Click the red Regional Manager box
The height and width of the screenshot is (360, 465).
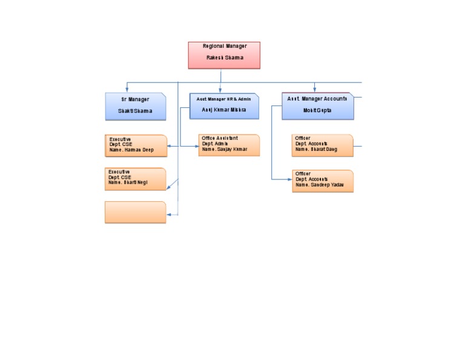coord(224,55)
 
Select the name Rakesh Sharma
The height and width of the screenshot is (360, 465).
coord(224,58)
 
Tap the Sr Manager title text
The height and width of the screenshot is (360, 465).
coord(134,99)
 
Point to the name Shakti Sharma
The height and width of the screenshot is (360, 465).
coord(135,112)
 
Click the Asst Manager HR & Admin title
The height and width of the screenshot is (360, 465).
coord(223,99)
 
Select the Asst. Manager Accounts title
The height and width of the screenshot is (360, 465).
coord(317,98)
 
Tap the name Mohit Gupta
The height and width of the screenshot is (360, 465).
coord(317,111)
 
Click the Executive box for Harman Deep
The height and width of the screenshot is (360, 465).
coord(136,145)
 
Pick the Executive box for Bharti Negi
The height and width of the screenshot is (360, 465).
coord(135,179)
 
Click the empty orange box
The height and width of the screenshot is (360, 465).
coord(135,212)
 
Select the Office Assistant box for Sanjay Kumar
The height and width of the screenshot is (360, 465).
coord(229,145)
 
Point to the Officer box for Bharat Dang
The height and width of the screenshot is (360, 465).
coord(322,145)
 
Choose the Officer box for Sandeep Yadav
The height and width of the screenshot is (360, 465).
coord(323,181)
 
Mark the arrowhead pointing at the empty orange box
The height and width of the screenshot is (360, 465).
coord(169,215)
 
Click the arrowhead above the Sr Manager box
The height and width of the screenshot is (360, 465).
coord(127,90)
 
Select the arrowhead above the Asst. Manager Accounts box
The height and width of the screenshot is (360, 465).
coord(315,90)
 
